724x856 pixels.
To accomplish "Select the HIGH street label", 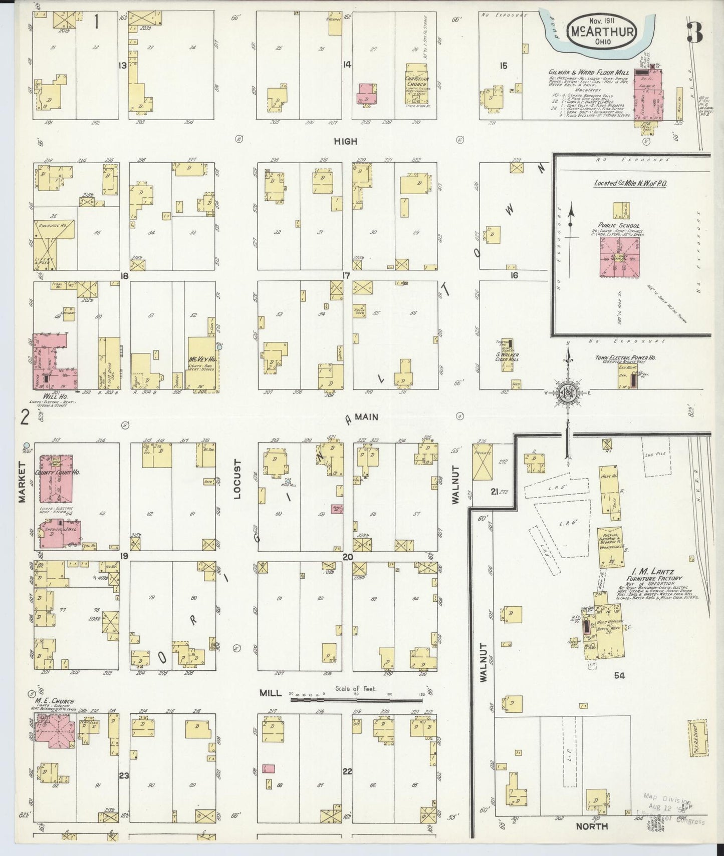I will click(x=346, y=142).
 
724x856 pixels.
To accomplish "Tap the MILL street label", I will click(x=269, y=693).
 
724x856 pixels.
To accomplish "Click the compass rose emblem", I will click(x=567, y=391).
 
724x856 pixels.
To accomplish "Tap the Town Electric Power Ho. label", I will click(x=625, y=358).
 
